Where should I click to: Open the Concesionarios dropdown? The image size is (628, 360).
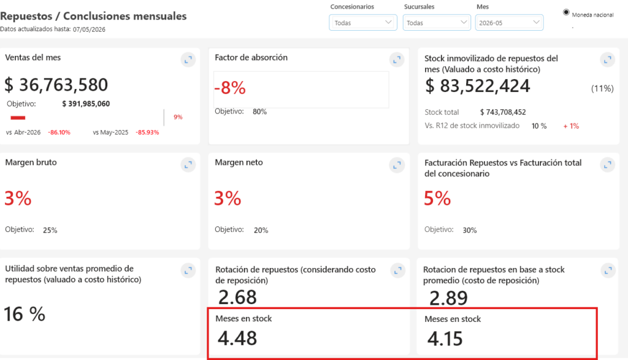[363, 23]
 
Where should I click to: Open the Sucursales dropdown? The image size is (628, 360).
[437, 23]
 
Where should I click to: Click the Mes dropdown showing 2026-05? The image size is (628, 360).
[509, 23]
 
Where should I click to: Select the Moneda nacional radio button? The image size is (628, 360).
[566, 12]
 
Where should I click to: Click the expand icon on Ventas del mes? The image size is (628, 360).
[188, 59]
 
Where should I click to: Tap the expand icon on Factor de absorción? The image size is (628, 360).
[397, 59]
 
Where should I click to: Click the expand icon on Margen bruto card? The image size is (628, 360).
[188, 164]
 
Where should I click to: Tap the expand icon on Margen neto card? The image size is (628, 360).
[397, 164]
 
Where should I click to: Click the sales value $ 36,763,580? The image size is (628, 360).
[56, 85]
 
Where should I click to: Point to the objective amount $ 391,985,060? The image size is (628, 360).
[86, 104]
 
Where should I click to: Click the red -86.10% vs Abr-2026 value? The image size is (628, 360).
[59, 132]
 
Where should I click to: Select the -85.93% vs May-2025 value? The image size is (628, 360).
[147, 132]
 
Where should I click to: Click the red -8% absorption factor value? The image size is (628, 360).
[230, 88]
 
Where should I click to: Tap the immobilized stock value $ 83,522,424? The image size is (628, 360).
[477, 86]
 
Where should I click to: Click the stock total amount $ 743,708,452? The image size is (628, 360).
[503, 112]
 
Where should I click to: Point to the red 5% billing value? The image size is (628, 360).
[437, 198]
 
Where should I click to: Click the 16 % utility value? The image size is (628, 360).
[25, 314]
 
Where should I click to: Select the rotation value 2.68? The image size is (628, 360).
[237, 297]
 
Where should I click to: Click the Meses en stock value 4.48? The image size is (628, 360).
[237, 338]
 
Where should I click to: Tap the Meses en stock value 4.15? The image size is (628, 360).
[445, 339]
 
